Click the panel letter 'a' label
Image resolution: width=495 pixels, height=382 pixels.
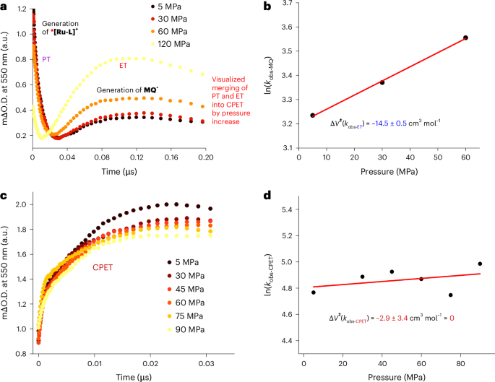pyautogui.click(x=4, y=6)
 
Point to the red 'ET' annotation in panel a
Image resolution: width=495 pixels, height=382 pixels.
pyautogui.click(x=124, y=66)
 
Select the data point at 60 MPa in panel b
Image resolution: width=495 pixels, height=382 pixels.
pyautogui.click(x=465, y=38)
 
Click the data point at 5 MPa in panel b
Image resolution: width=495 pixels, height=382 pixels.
pyautogui.click(x=312, y=116)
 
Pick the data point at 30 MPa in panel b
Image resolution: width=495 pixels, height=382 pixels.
pyautogui.click(x=382, y=82)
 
